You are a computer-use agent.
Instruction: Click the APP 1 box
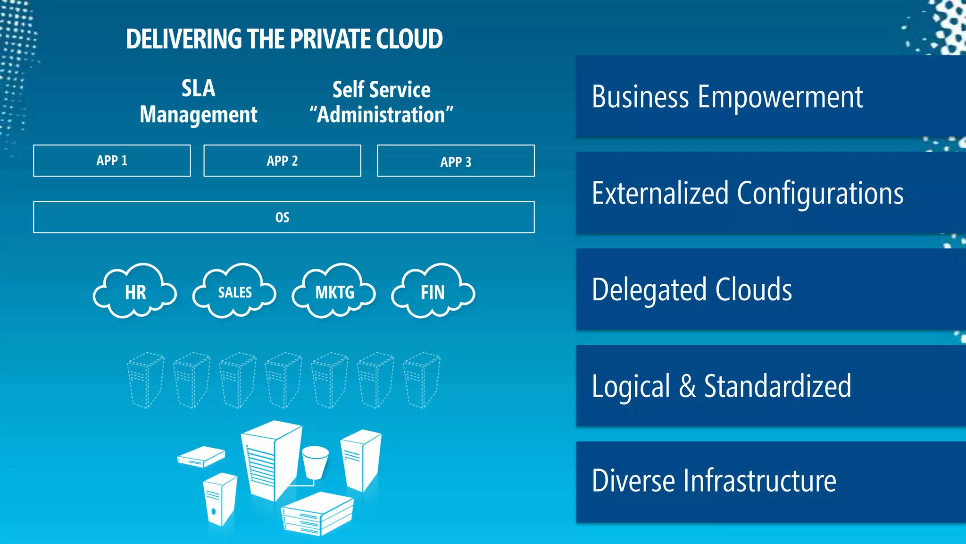coord(112,161)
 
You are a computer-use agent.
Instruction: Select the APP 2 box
coord(282,161)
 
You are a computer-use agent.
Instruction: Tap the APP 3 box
coord(456,161)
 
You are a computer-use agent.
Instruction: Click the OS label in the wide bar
coord(282,217)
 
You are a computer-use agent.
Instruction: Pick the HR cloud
coord(135,292)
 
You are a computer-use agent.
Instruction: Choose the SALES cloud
coord(234,292)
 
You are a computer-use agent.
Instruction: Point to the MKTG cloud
coord(334,292)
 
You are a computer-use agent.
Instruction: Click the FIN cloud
coord(433,292)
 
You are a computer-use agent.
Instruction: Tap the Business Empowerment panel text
coord(727,97)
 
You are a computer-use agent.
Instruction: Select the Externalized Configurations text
coord(748,194)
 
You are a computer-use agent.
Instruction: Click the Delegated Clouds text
coord(691,289)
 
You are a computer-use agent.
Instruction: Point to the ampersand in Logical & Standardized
coord(687,386)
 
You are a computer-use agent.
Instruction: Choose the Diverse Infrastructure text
coord(714,481)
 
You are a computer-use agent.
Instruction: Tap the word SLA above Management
coord(198,88)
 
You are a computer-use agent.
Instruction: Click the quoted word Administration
coord(381,115)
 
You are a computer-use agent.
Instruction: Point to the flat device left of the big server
coord(201,456)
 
